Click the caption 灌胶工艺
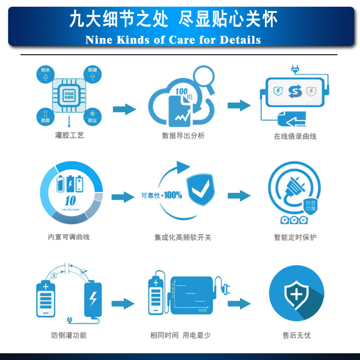pyautogui.click(x=70, y=136)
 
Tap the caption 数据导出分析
pyautogui.click(x=183, y=136)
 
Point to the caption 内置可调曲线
pyautogui.click(x=69, y=237)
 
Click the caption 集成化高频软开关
pyautogui.click(x=183, y=237)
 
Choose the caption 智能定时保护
pyautogui.click(x=295, y=237)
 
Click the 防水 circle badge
pyautogui.click(x=46, y=74)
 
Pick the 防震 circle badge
pyautogui.click(x=46, y=116)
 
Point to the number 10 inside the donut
pyautogui.click(x=71, y=201)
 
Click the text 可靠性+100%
pyautogui.click(x=161, y=195)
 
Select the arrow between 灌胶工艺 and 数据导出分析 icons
pyautogui.click(x=124, y=109)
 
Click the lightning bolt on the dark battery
pyautogui.click(x=93, y=299)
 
